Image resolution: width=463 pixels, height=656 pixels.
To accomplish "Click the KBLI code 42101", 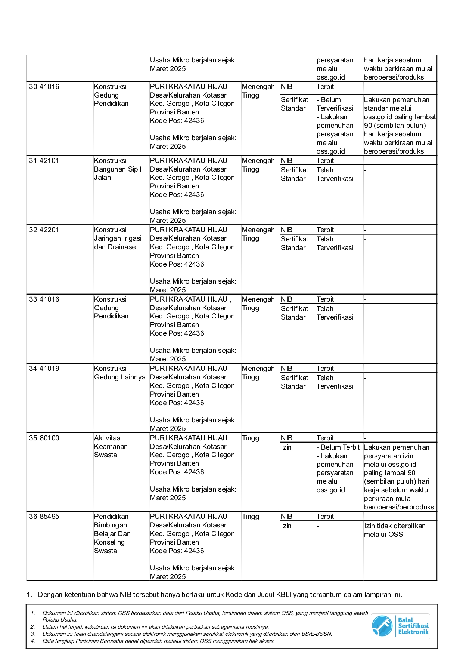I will pyautogui.click(x=49, y=161).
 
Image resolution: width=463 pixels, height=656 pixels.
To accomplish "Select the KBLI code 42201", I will pyautogui.click(x=49, y=230).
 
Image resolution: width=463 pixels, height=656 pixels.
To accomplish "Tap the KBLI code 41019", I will pyautogui.click(x=49, y=369).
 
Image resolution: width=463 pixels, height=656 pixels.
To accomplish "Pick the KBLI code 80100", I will pyautogui.click(x=49, y=438).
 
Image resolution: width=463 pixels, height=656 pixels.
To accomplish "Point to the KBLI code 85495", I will pyautogui.click(x=49, y=517).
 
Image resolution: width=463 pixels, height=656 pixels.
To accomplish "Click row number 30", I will pyautogui.click(x=33, y=87).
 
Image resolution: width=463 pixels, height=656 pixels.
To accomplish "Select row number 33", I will pyautogui.click(x=33, y=299).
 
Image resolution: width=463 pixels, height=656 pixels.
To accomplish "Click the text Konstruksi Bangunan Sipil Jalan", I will pyautogui.click(x=117, y=169).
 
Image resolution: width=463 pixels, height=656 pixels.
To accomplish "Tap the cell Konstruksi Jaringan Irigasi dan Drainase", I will pyautogui.click(x=118, y=238).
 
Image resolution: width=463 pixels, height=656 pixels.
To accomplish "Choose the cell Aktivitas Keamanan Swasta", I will pyautogui.click(x=111, y=446).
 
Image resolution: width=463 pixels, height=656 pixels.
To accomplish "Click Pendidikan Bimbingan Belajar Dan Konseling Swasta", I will pyautogui.click(x=112, y=533).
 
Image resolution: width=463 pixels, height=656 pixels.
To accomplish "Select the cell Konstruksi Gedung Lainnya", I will pyautogui.click(x=119, y=373).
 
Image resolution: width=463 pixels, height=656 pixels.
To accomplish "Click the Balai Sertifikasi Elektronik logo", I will pyautogui.click(x=400, y=626).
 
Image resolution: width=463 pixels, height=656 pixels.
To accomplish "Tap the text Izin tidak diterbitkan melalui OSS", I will pyautogui.click(x=395, y=530).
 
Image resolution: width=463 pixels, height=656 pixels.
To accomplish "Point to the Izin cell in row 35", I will pyautogui.click(x=286, y=447).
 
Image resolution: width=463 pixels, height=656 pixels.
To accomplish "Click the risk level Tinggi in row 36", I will pyautogui.click(x=251, y=517).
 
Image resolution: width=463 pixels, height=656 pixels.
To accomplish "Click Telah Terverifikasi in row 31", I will pyautogui.click(x=335, y=174).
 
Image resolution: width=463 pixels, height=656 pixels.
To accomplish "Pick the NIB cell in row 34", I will pyautogui.click(x=286, y=369).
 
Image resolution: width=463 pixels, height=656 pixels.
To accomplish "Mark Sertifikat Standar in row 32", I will pyautogui.click(x=294, y=243).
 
